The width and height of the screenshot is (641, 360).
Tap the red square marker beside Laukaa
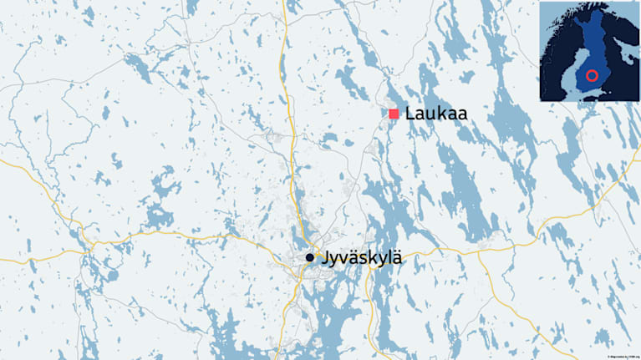pos(394,114)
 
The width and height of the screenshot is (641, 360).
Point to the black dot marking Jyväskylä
pos(310,258)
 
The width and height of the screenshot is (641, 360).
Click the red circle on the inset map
pos(592,76)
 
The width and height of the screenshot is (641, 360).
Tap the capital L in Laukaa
pos(409,114)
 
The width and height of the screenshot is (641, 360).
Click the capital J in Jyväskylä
pos(322,260)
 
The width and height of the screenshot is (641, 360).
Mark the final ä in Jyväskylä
pos(397,259)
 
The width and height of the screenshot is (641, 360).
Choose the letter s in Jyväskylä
pos(361,260)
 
